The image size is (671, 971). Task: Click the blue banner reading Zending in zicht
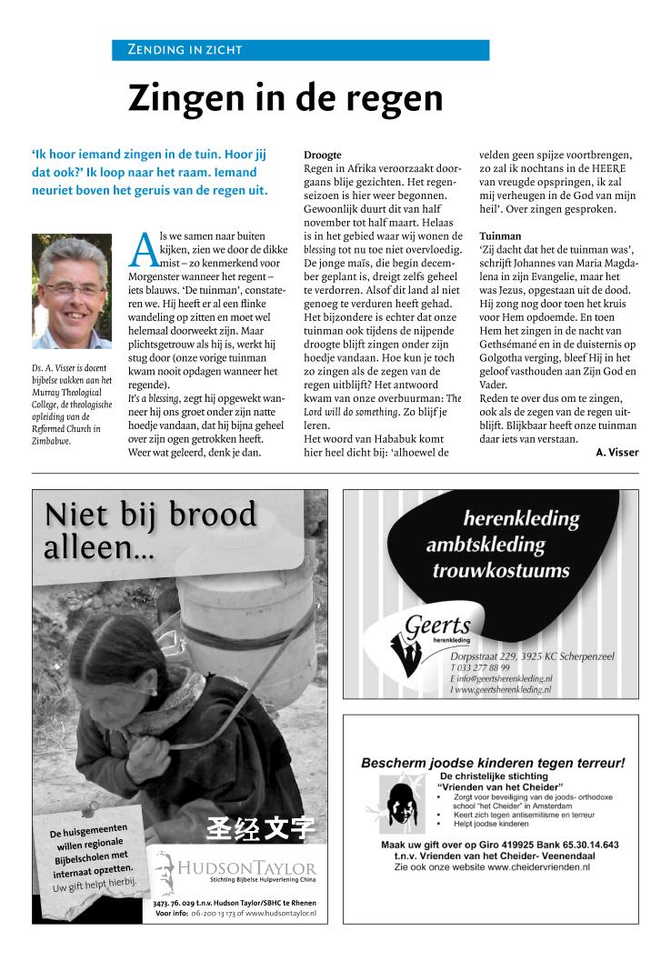coord(300,50)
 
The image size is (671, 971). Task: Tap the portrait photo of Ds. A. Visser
coord(72,292)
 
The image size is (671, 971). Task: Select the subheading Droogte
coord(322,155)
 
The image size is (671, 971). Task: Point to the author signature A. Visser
coord(617,453)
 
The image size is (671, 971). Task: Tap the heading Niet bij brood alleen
coord(150,530)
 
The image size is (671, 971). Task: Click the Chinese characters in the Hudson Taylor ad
coord(260,829)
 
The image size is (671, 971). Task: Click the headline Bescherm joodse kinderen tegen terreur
coord(493,763)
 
